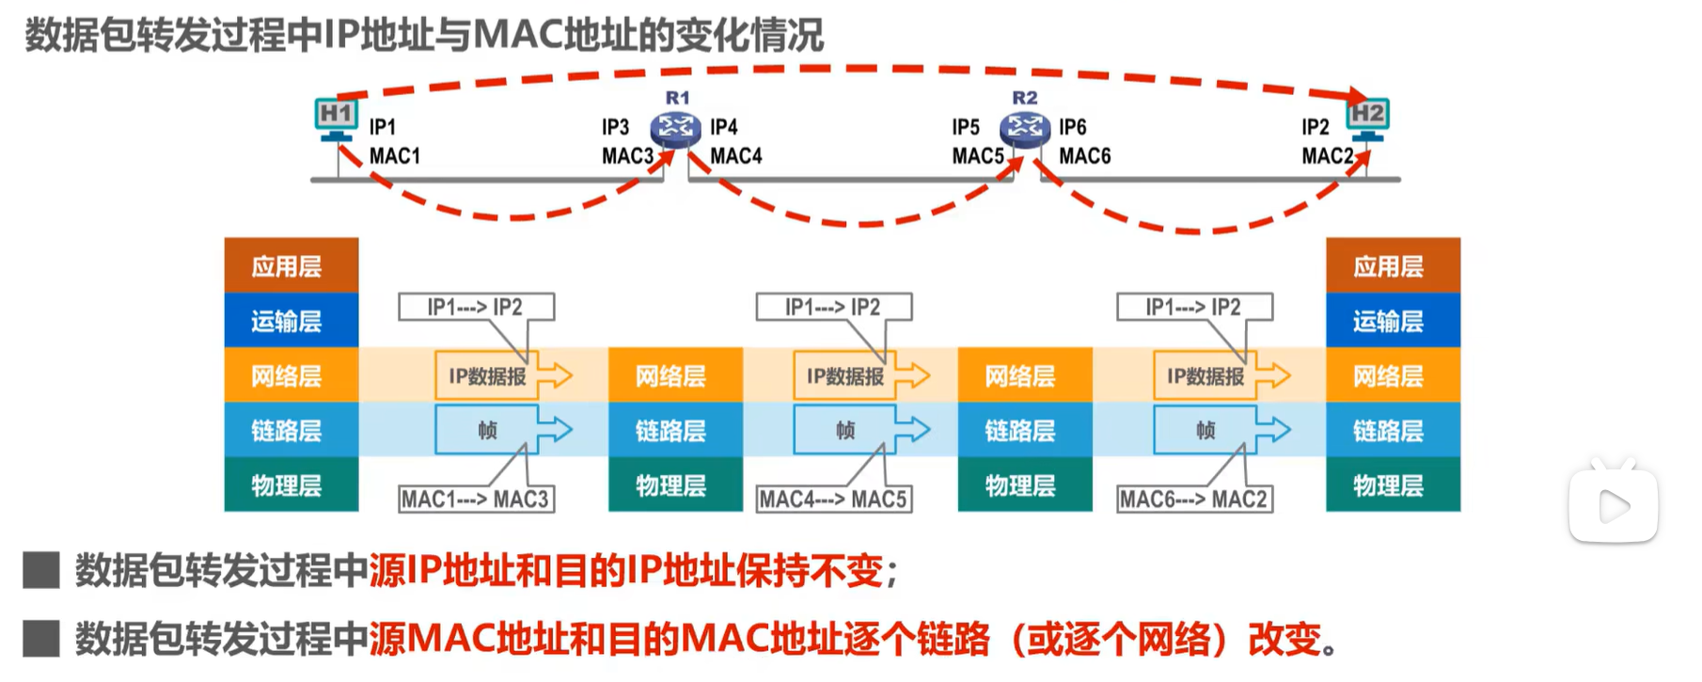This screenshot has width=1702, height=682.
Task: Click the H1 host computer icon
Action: (336, 119)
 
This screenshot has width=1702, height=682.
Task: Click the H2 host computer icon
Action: (1367, 118)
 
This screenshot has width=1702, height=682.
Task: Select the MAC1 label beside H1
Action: (394, 156)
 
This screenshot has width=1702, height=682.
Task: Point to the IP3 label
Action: (615, 127)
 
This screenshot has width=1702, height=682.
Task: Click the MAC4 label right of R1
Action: (735, 156)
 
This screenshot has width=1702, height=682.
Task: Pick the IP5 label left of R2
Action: (965, 127)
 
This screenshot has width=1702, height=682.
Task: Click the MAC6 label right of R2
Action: (1084, 156)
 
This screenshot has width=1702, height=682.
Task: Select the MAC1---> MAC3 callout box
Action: (476, 499)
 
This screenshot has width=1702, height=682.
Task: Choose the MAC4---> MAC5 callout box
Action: (834, 499)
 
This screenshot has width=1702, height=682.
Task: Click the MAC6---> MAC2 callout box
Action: (1194, 499)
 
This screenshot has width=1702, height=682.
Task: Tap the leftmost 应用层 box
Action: (292, 265)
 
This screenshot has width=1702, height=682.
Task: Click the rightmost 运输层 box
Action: (1393, 321)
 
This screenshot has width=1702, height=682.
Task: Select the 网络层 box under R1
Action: (675, 375)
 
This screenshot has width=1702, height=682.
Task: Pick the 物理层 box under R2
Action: (1025, 485)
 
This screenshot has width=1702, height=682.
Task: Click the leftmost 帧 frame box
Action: (487, 430)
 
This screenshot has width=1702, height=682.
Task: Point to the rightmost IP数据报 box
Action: (1206, 376)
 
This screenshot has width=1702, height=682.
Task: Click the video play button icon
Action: (1613, 506)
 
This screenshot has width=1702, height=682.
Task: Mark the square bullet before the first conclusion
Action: (41, 570)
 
